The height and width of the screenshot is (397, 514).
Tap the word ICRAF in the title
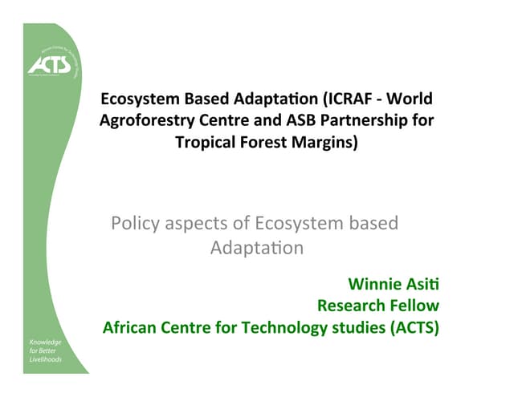347,99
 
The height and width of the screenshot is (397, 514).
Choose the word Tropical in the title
206,143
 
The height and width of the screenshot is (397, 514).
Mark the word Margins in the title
326,143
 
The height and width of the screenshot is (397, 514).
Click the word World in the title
412,99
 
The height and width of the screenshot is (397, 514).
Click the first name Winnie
373,284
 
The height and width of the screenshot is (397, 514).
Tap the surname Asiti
422,284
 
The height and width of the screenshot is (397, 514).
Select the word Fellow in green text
414,306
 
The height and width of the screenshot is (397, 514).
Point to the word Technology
283,327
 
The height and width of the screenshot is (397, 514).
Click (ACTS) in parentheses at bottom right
415,327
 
